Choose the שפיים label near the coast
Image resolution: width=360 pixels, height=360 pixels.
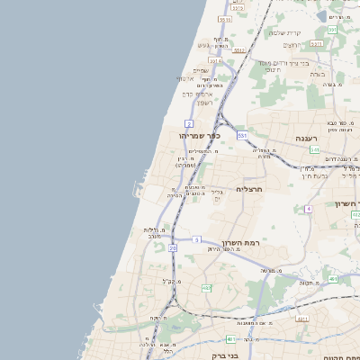pyautogui.click(x=201, y=70)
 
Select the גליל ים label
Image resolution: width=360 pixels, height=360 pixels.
pyautogui.click(x=217, y=195)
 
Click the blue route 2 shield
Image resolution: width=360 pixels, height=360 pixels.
pyautogui.click(x=189, y=122)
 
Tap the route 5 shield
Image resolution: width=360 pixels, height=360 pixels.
pyautogui.click(x=196, y=239)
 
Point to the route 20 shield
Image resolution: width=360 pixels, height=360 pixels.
pyautogui.click(x=173, y=247)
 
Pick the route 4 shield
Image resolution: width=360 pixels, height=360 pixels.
pyautogui.click(x=308, y=209)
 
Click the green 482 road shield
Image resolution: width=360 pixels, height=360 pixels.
pyautogui.click(x=206, y=287)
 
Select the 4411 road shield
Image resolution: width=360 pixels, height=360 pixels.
pyautogui.click(x=301, y=319)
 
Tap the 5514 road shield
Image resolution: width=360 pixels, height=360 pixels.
pyautogui.click(x=225, y=18)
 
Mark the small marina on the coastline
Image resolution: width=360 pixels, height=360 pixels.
pyautogui.click(x=136, y=190)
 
